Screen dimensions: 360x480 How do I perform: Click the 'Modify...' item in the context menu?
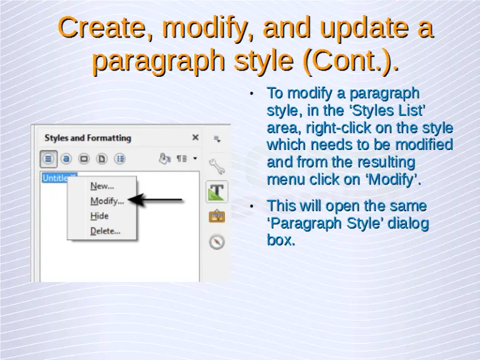(x=107, y=201)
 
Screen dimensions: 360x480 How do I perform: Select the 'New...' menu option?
(x=102, y=186)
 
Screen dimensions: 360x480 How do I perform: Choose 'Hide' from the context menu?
(x=99, y=216)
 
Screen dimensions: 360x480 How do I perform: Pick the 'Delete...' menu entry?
(x=105, y=231)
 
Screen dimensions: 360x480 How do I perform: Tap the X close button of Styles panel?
(x=195, y=137)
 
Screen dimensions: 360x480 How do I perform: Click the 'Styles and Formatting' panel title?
(x=87, y=137)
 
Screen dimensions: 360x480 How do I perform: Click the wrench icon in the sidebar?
(x=216, y=165)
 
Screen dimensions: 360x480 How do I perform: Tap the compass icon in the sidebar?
(x=216, y=242)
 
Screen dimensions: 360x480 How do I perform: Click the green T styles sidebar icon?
(x=216, y=191)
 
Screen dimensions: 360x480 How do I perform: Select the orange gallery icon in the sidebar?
(x=216, y=217)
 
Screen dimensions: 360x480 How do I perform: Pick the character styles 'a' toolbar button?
(x=66, y=158)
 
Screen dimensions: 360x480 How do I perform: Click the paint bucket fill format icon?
(x=164, y=158)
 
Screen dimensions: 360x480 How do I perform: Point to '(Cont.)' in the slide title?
(x=351, y=61)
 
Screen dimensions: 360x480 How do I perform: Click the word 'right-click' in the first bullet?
(x=336, y=128)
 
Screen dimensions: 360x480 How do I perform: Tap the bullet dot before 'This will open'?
(x=251, y=206)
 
